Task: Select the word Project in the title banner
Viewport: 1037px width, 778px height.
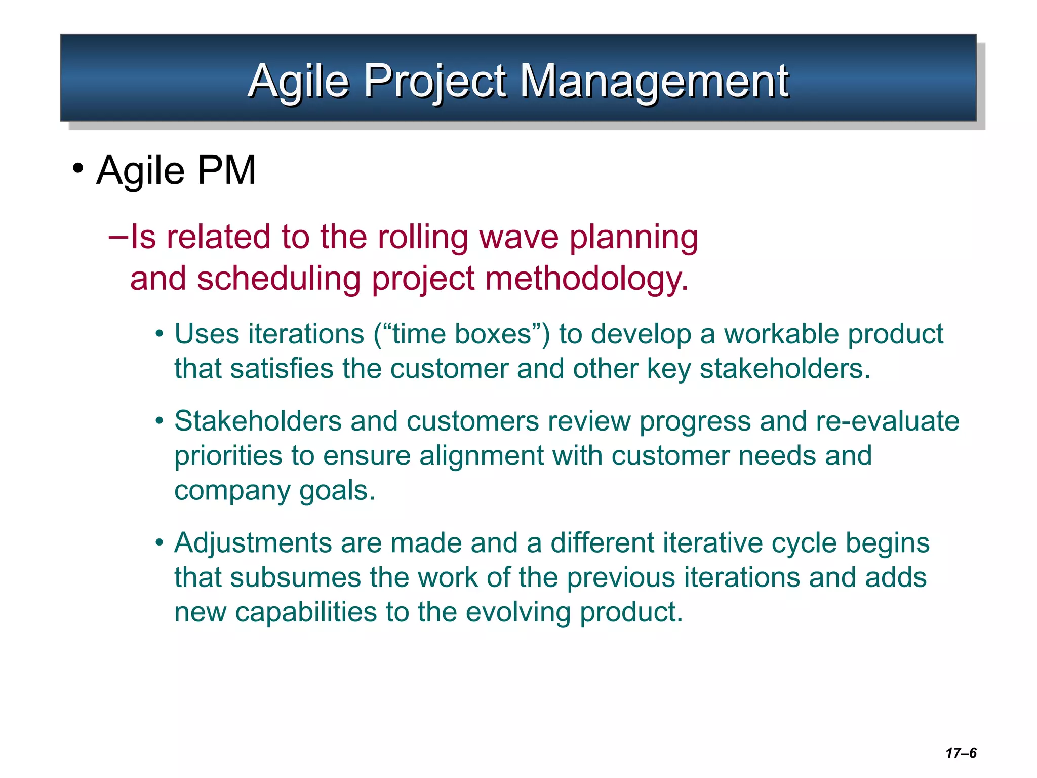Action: coord(435,81)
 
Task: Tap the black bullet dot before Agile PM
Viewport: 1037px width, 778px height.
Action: coord(77,168)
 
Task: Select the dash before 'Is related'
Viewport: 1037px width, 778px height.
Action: coord(118,237)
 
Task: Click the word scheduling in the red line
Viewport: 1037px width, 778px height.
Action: coord(278,279)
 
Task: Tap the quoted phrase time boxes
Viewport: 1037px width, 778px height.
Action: coord(462,334)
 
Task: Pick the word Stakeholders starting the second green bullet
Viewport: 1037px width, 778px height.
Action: coord(258,421)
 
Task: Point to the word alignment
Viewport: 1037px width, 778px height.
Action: coord(481,456)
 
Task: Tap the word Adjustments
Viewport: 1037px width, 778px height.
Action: coord(253,543)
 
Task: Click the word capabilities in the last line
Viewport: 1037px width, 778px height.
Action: coord(306,612)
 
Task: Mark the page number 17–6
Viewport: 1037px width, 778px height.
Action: coord(961,753)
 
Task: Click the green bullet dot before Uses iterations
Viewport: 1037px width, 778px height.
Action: coord(159,334)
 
